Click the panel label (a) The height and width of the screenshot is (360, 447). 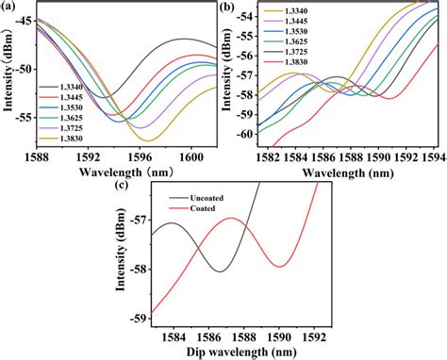(x=8, y=7)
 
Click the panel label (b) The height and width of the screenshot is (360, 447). (x=227, y=7)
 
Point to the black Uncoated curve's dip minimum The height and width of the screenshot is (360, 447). (x=220, y=271)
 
